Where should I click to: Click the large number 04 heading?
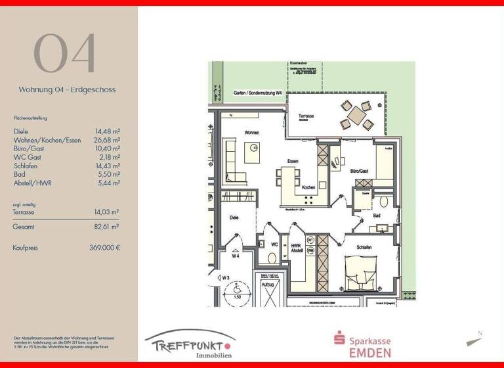click(65, 53)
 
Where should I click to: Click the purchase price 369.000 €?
click(104, 248)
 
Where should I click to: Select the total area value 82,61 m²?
click(106, 226)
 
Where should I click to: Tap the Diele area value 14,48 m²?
click(108, 131)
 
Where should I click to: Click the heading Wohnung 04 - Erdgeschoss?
click(67, 89)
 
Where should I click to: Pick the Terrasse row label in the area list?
click(24, 212)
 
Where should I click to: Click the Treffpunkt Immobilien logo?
click(190, 344)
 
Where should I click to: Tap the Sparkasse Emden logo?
click(362, 344)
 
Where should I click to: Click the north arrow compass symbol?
click(475, 340)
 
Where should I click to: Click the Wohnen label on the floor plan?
click(251, 133)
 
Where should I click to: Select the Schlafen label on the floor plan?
click(365, 248)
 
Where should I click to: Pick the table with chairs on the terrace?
click(357, 114)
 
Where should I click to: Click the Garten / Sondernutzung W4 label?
click(258, 93)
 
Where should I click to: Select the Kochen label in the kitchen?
click(308, 187)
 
